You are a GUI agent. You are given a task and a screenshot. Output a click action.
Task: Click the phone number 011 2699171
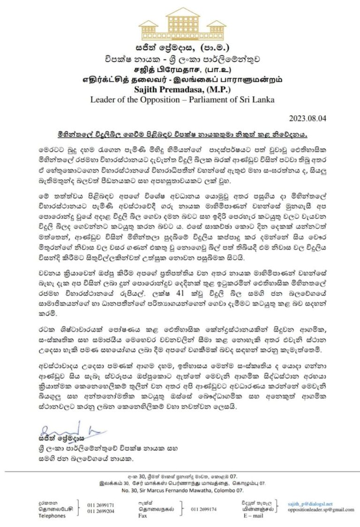pos(101,505)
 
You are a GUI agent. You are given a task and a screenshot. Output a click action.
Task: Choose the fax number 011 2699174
pos(204,509)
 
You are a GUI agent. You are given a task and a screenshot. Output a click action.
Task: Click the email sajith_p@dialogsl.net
pos(310,504)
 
